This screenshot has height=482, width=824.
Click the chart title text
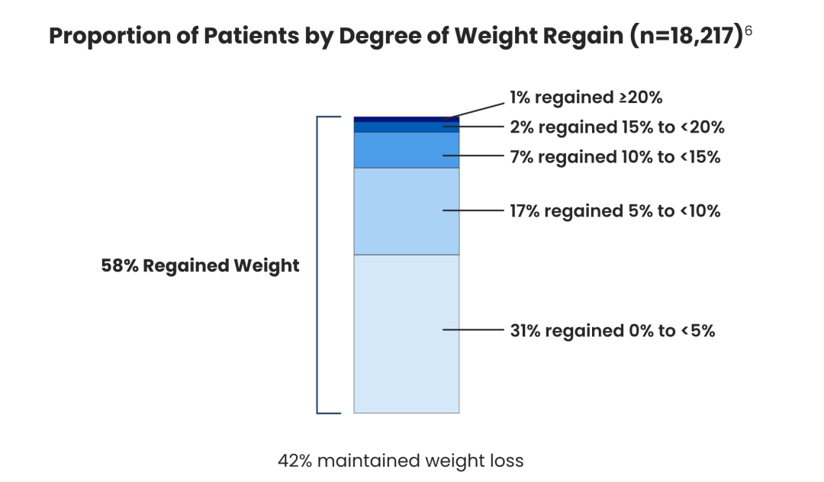point(396,36)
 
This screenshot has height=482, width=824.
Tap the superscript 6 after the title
point(748,31)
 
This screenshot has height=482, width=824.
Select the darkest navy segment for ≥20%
point(406,119)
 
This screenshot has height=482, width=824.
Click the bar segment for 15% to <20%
point(406,127)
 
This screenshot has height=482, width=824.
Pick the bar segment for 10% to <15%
point(406,150)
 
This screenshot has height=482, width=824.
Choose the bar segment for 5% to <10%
point(406,211)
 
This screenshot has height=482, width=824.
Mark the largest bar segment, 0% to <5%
point(406,334)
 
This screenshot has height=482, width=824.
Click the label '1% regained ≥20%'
point(586,98)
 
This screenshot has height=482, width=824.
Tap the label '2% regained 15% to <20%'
point(617,127)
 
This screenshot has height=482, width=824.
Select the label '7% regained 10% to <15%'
point(615,157)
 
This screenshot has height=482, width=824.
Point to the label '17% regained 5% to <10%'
point(615,211)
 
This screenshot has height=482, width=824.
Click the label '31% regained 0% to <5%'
point(612,331)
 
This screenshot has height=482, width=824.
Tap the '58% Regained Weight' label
point(200,265)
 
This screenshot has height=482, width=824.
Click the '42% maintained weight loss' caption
point(401,461)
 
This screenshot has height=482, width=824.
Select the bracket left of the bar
point(317,265)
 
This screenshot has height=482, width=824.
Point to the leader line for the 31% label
point(473,329)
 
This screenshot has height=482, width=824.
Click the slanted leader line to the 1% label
point(474,111)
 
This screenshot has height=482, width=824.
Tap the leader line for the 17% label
point(473,210)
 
